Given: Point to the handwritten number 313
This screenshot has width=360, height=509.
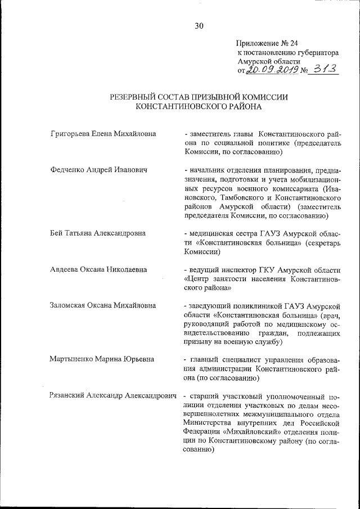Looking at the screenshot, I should pyautogui.click(x=324, y=69).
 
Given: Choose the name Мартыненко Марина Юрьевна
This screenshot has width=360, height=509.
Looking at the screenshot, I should pyautogui.click(x=101, y=359).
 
